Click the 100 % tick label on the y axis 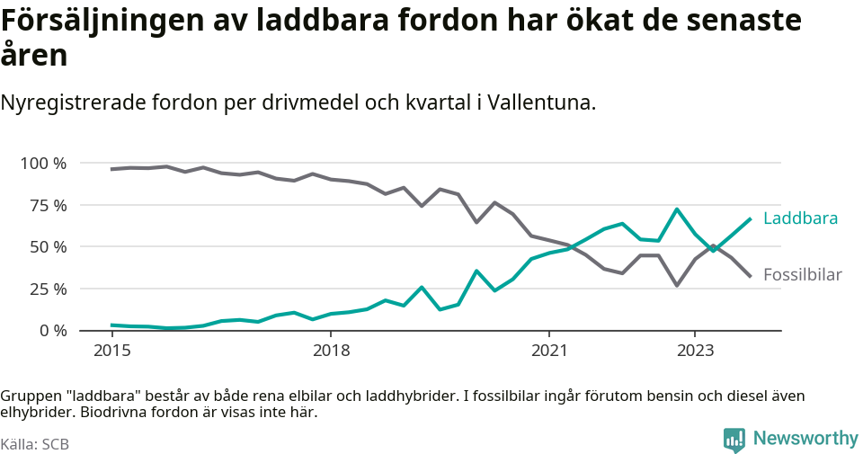(x=43, y=164)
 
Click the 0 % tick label (x=51, y=331)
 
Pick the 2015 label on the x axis (x=111, y=350)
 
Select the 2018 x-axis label (x=331, y=350)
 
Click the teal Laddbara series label (x=800, y=218)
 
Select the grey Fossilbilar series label (x=802, y=275)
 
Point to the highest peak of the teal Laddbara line (x=677, y=209)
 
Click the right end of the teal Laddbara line (x=750, y=218)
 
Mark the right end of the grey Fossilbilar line (x=750, y=275)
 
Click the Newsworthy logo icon (x=734, y=440)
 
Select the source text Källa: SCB (x=35, y=444)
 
